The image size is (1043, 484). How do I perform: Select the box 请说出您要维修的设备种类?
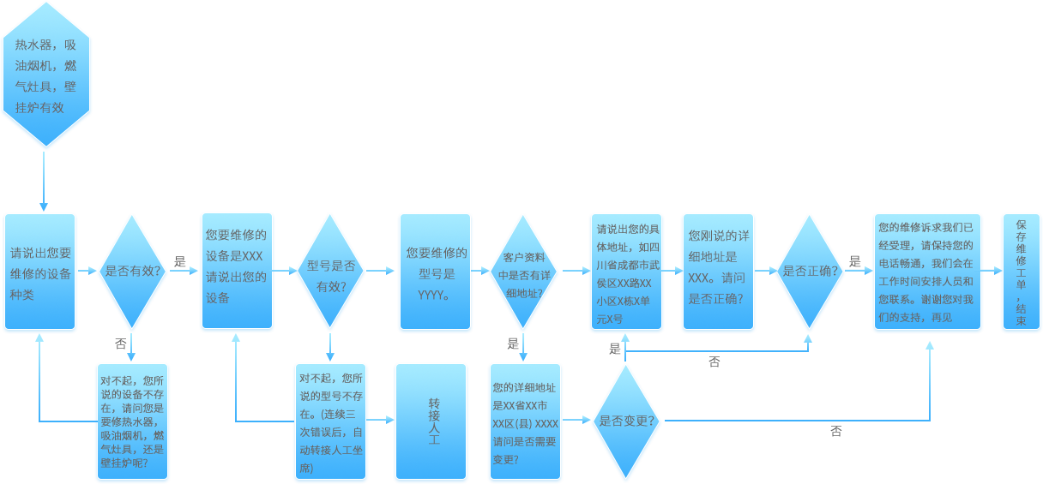40,272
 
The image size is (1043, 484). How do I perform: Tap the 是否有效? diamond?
132,272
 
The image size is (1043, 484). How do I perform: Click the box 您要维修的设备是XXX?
237,272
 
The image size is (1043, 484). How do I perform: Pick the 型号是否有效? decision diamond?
330,272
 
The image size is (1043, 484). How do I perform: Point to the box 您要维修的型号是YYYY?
435,272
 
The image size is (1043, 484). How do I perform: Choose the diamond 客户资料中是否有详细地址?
522,272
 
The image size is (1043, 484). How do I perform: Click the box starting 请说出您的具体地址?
626,272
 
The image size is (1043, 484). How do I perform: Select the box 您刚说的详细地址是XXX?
718,272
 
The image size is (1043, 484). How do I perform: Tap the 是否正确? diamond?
810,272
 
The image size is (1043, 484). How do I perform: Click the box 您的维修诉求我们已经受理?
925,272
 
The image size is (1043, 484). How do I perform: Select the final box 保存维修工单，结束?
1021,272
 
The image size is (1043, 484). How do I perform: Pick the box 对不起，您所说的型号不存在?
330,421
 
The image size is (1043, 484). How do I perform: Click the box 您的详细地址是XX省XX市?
525,421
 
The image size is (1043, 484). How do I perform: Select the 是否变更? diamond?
626,421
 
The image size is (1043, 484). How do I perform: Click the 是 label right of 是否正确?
854,262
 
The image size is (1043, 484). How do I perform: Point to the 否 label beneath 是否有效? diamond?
120,344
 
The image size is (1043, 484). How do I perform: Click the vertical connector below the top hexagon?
43,182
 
